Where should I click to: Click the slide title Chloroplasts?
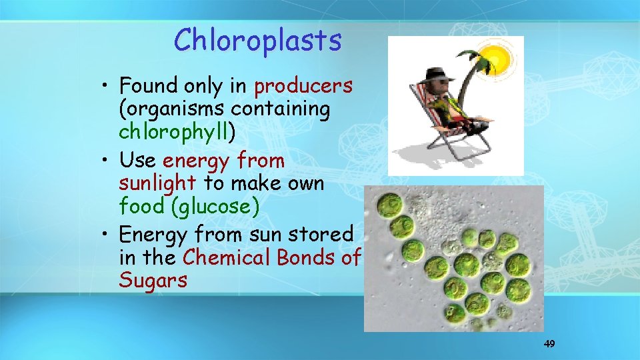pos(257,41)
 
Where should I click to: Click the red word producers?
pos(303,86)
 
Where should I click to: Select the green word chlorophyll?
pos(174,131)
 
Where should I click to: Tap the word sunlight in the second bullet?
pos(157,183)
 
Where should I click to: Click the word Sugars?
pos(153,281)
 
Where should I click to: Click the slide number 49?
pos(549,344)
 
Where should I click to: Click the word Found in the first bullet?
pos(147,86)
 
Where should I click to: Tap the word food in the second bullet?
pos(141,206)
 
